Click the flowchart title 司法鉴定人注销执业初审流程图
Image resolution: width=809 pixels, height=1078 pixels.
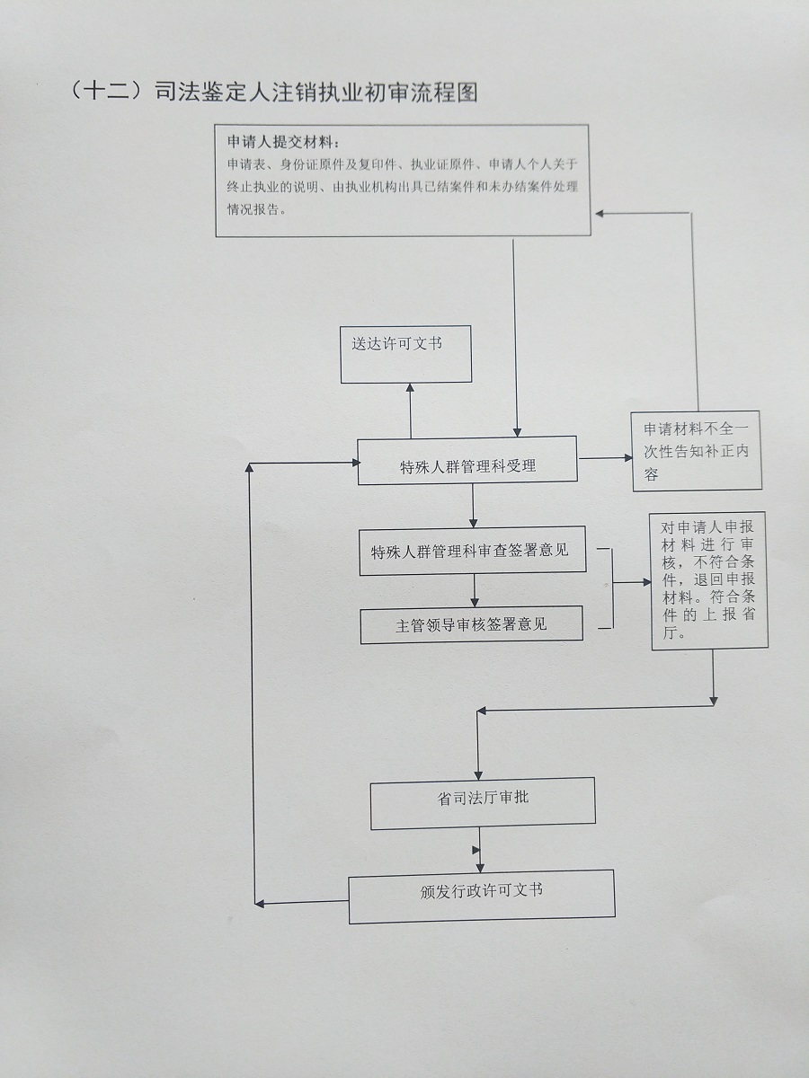point(315,93)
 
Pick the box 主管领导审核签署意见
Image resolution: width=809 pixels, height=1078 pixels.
point(471,625)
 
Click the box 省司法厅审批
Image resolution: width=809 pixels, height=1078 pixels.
point(483,801)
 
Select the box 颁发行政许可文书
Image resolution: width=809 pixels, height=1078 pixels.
point(481,896)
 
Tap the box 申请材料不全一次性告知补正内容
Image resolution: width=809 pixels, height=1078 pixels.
point(697,451)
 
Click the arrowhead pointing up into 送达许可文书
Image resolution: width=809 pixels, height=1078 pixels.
point(410,388)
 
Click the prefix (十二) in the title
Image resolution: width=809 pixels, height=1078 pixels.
point(107,93)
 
